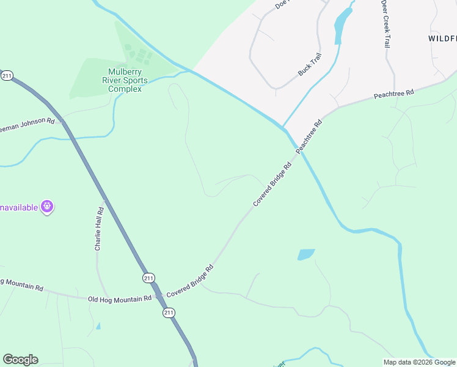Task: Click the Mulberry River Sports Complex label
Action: tap(125, 80)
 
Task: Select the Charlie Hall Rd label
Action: tap(99, 229)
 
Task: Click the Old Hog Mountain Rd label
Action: tap(119, 299)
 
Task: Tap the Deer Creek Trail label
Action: tap(386, 24)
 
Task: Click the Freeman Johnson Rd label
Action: tap(27, 122)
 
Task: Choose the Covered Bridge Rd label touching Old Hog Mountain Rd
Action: tap(190, 281)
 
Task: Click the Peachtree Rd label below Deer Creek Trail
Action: tap(394, 94)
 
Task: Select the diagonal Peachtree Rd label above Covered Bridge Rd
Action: tap(309, 136)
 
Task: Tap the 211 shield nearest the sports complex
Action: tap(7, 76)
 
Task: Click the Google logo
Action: tap(20, 360)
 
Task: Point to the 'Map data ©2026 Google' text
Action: tap(420, 362)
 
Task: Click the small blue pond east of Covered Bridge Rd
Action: tap(305, 254)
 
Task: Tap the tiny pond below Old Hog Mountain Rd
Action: tap(98, 325)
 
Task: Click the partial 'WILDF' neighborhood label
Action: tap(442, 38)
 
